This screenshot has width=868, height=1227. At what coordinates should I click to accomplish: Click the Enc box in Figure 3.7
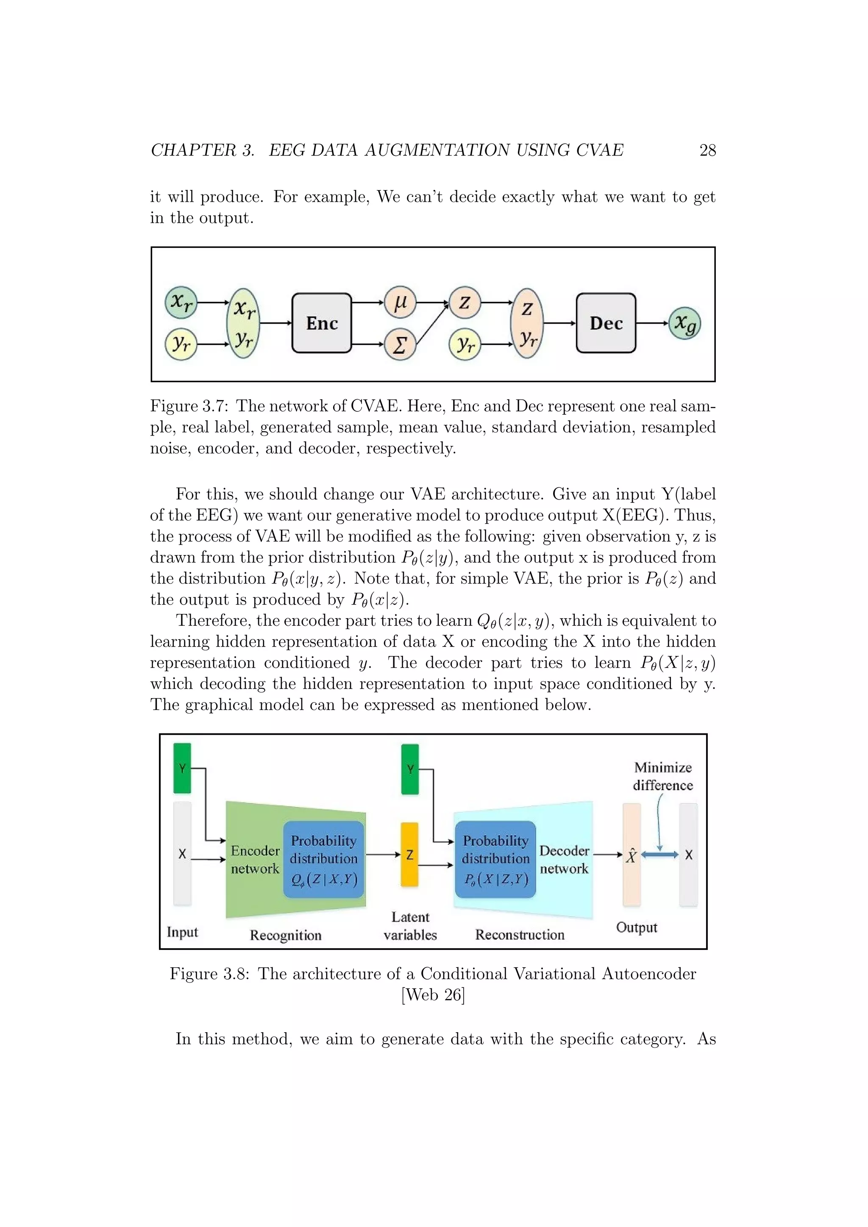click(x=322, y=323)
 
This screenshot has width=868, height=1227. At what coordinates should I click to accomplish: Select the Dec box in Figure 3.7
click(x=606, y=323)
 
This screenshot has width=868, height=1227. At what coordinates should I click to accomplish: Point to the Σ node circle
click(x=400, y=345)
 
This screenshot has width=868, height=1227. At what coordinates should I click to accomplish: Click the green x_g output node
click(x=684, y=323)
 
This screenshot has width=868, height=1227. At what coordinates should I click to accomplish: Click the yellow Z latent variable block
click(x=409, y=855)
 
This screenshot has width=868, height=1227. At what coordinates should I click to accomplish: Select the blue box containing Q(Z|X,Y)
click(x=324, y=859)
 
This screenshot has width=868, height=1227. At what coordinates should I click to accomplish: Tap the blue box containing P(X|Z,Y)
click(x=495, y=859)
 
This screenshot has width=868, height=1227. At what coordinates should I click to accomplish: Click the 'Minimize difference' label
click(x=663, y=777)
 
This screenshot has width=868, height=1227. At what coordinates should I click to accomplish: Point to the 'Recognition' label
click(x=285, y=935)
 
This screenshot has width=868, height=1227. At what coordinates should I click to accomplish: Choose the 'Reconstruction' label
click(x=520, y=935)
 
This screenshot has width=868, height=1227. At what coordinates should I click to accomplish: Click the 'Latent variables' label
click(x=410, y=926)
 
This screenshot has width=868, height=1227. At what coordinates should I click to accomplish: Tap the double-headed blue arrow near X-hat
click(x=659, y=855)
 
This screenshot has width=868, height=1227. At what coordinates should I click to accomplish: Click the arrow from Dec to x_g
click(x=652, y=323)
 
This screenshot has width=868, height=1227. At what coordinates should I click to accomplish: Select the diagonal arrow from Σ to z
click(x=432, y=324)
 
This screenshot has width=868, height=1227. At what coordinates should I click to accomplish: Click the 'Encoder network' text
click(x=255, y=859)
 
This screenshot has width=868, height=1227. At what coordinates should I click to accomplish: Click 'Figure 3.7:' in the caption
click(x=190, y=406)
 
